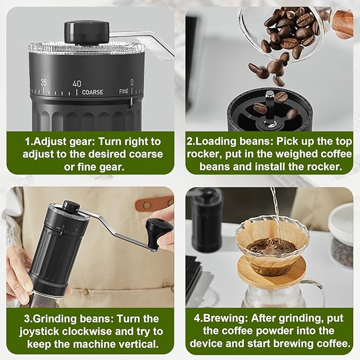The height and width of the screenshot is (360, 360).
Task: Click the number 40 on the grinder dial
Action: [77, 83]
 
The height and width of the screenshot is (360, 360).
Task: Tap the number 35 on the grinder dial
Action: [43, 82]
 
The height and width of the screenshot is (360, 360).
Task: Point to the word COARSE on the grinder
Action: [93, 92]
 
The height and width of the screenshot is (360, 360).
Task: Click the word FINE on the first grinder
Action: [124, 91]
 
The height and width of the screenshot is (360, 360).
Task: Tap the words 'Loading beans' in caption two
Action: [234, 142]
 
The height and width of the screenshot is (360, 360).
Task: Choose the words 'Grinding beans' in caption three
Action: [71, 319]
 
